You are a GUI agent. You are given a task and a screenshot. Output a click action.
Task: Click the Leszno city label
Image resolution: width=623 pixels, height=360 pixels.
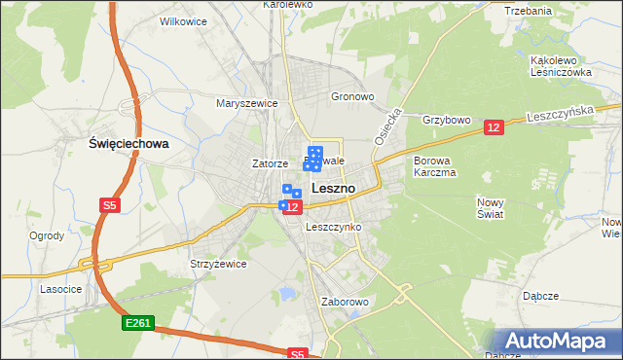(x=332, y=187)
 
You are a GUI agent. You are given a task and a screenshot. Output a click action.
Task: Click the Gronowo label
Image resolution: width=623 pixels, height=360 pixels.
(x=352, y=97)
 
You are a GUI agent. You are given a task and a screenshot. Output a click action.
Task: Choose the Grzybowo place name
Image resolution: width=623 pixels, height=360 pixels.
(x=447, y=120)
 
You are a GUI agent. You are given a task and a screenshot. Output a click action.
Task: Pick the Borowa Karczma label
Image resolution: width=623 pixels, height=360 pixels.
(x=435, y=165)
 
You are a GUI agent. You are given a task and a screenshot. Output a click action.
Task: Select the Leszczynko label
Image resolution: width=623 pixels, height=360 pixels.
(x=334, y=227)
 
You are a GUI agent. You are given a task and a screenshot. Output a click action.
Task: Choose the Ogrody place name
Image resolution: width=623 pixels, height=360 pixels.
(x=47, y=235)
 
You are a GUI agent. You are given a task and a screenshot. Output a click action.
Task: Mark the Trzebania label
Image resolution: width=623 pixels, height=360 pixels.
(x=529, y=11)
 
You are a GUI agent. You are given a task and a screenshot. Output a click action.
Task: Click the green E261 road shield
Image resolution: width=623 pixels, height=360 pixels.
(x=137, y=322)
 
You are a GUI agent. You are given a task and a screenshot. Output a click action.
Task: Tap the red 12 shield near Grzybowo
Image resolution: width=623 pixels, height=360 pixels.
(x=493, y=127)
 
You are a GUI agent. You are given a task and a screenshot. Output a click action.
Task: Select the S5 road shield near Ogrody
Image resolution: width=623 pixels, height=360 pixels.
(x=110, y=205)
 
